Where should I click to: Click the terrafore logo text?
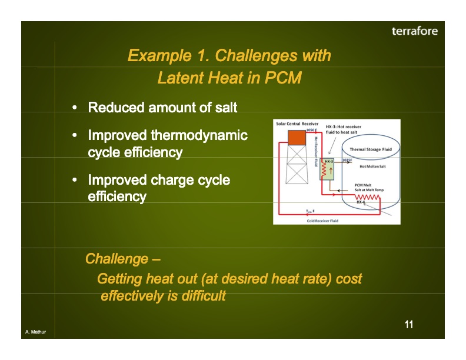(415, 31)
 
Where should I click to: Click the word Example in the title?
(155, 56)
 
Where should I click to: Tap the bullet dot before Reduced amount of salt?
(74, 108)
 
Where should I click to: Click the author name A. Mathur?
(36, 333)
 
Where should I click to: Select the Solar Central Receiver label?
(297, 124)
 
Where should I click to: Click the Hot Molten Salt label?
(372, 166)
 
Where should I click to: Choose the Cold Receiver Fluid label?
(323, 221)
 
